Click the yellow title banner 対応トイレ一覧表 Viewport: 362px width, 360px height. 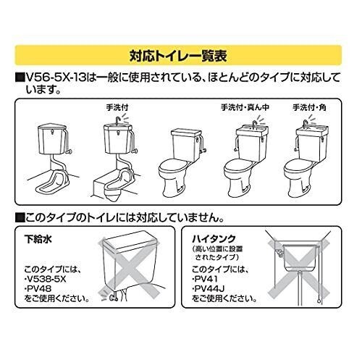click(x=178, y=55)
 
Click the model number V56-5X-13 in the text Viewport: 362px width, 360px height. click(x=56, y=78)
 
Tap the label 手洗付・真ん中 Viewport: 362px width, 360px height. click(x=245, y=107)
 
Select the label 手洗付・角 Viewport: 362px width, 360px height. click(x=310, y=107)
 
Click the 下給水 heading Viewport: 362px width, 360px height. click(x=38, y=239)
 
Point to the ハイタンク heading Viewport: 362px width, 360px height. click(x=214, y=239)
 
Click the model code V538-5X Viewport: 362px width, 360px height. click(x=46, y=280)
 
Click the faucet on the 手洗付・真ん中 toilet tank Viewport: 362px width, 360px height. click(x=254, y=125)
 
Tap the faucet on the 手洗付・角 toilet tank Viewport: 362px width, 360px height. click(x=306, y=124)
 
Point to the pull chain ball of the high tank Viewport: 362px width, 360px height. click(x=319, y=301)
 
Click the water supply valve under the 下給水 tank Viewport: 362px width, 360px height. click(x=114, y=298)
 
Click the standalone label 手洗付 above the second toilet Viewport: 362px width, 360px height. click(x=117, y=107)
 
